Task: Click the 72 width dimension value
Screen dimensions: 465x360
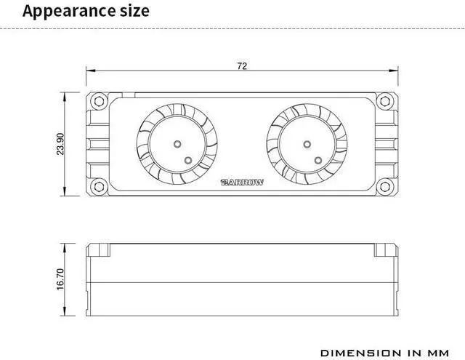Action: (x=242, y=66)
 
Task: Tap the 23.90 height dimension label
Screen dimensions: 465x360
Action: (x=60, y=144)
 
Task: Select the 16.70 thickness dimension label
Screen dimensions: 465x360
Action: (x=60, y=279)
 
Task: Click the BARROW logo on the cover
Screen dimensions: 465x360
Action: (x=242, y=183)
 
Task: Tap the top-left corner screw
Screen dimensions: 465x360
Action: (x=99, y=101)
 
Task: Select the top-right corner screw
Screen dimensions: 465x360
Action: (x=384, y=101)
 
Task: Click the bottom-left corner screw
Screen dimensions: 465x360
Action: (x=99, y=187)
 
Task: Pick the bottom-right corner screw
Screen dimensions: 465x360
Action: (x=384, y=187)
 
